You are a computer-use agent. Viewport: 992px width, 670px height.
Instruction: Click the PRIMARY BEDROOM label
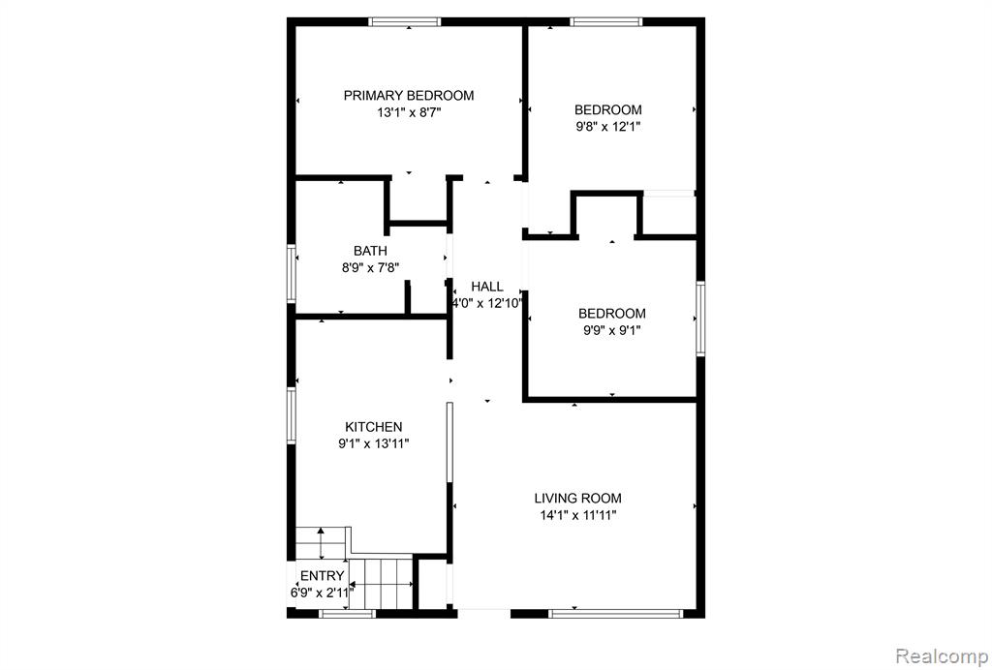(x=409, y=96)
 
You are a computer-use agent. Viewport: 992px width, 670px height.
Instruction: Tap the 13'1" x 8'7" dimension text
(x=409, y=113)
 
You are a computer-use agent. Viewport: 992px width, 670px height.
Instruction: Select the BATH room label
(x=370, y=251)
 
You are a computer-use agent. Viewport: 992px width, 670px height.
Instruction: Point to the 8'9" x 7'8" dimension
(x=371, y=268)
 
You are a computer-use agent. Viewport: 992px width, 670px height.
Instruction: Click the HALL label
(x=487, y=287)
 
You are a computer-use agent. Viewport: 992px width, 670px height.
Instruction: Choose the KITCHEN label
(x=373, y=427)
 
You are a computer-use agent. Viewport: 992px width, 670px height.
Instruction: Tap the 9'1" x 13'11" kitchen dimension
(x=373, y=443)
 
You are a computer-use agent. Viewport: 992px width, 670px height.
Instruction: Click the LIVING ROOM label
(x=577, y=498)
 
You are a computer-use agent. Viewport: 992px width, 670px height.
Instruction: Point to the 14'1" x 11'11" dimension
(x=577, y=515)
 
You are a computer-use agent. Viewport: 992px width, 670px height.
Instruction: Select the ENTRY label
(x=322, y=576)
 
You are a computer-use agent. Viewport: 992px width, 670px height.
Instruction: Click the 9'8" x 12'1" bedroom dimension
(x=608, y=127)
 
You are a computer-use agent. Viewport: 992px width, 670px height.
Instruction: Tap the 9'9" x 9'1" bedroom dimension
(x=612, y=330)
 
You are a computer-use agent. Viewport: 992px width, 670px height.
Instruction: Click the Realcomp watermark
(x=942, y=655)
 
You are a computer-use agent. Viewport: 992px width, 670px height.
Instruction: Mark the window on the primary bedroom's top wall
(x=405, y=21)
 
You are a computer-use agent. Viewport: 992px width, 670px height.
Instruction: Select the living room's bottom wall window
(x=615, y=613)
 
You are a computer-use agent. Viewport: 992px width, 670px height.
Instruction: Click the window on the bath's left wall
(x=292, y=273)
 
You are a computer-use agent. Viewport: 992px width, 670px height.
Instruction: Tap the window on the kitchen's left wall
(x=292, y=415)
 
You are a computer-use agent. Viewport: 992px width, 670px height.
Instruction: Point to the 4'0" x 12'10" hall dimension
(x=487, y=303)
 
